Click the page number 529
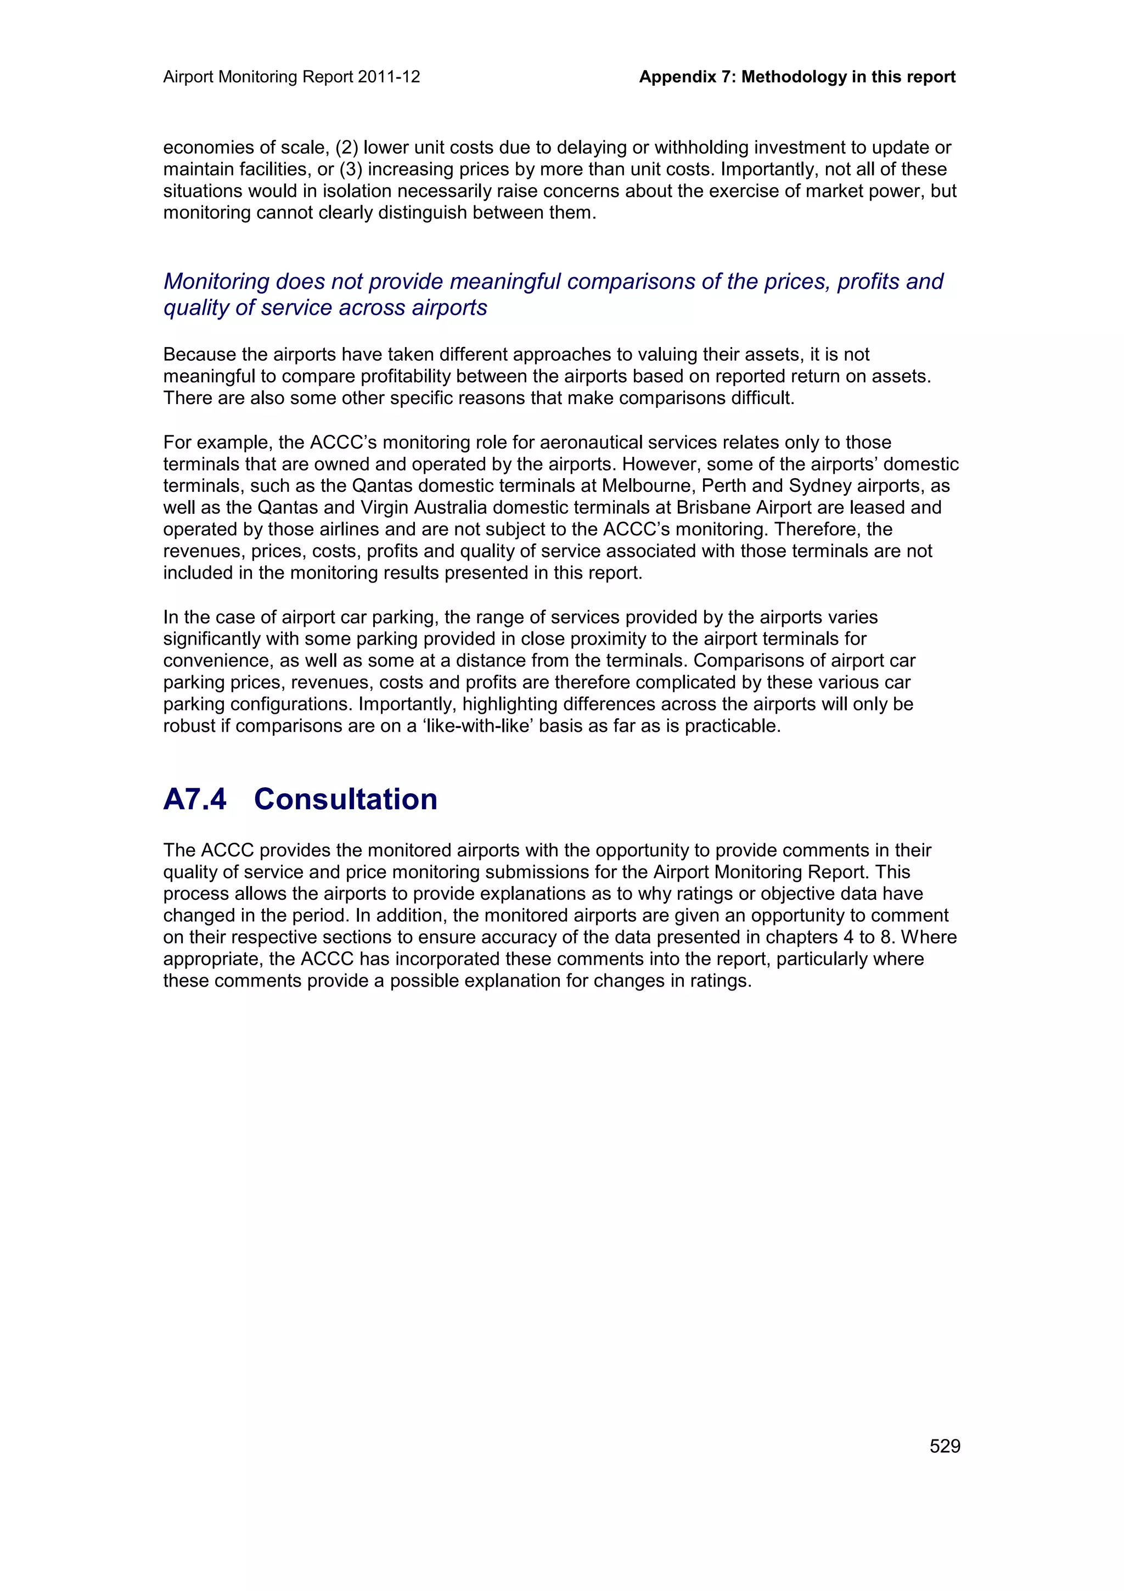(x=945, y=1446)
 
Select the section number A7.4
(x=195, y=799)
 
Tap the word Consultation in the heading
(x=346, y=799)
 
